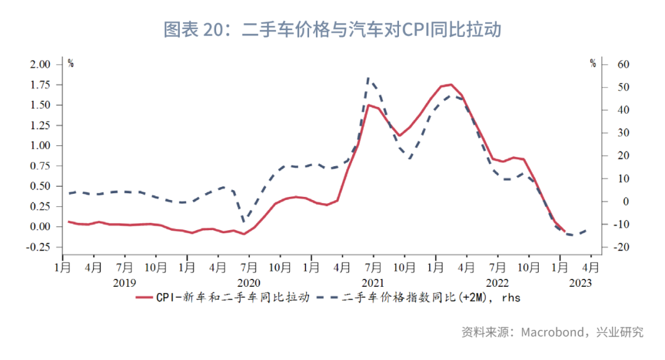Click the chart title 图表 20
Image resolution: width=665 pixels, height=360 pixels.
coord(332,30)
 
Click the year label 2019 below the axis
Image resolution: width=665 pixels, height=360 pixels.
coord(125,282)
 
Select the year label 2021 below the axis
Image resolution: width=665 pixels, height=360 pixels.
coord(373,282)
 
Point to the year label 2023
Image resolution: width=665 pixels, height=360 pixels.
coord(580,282)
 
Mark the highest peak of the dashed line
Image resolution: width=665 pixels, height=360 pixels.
coord(368,78)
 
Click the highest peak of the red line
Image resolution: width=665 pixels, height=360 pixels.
coord(451,84)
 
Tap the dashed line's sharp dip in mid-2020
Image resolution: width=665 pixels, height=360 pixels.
coord(244,222)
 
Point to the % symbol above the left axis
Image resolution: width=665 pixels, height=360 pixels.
coord(71,63)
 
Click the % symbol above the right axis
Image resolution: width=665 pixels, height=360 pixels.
coord(592,63)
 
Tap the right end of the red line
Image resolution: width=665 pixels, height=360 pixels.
coord(565,231)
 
